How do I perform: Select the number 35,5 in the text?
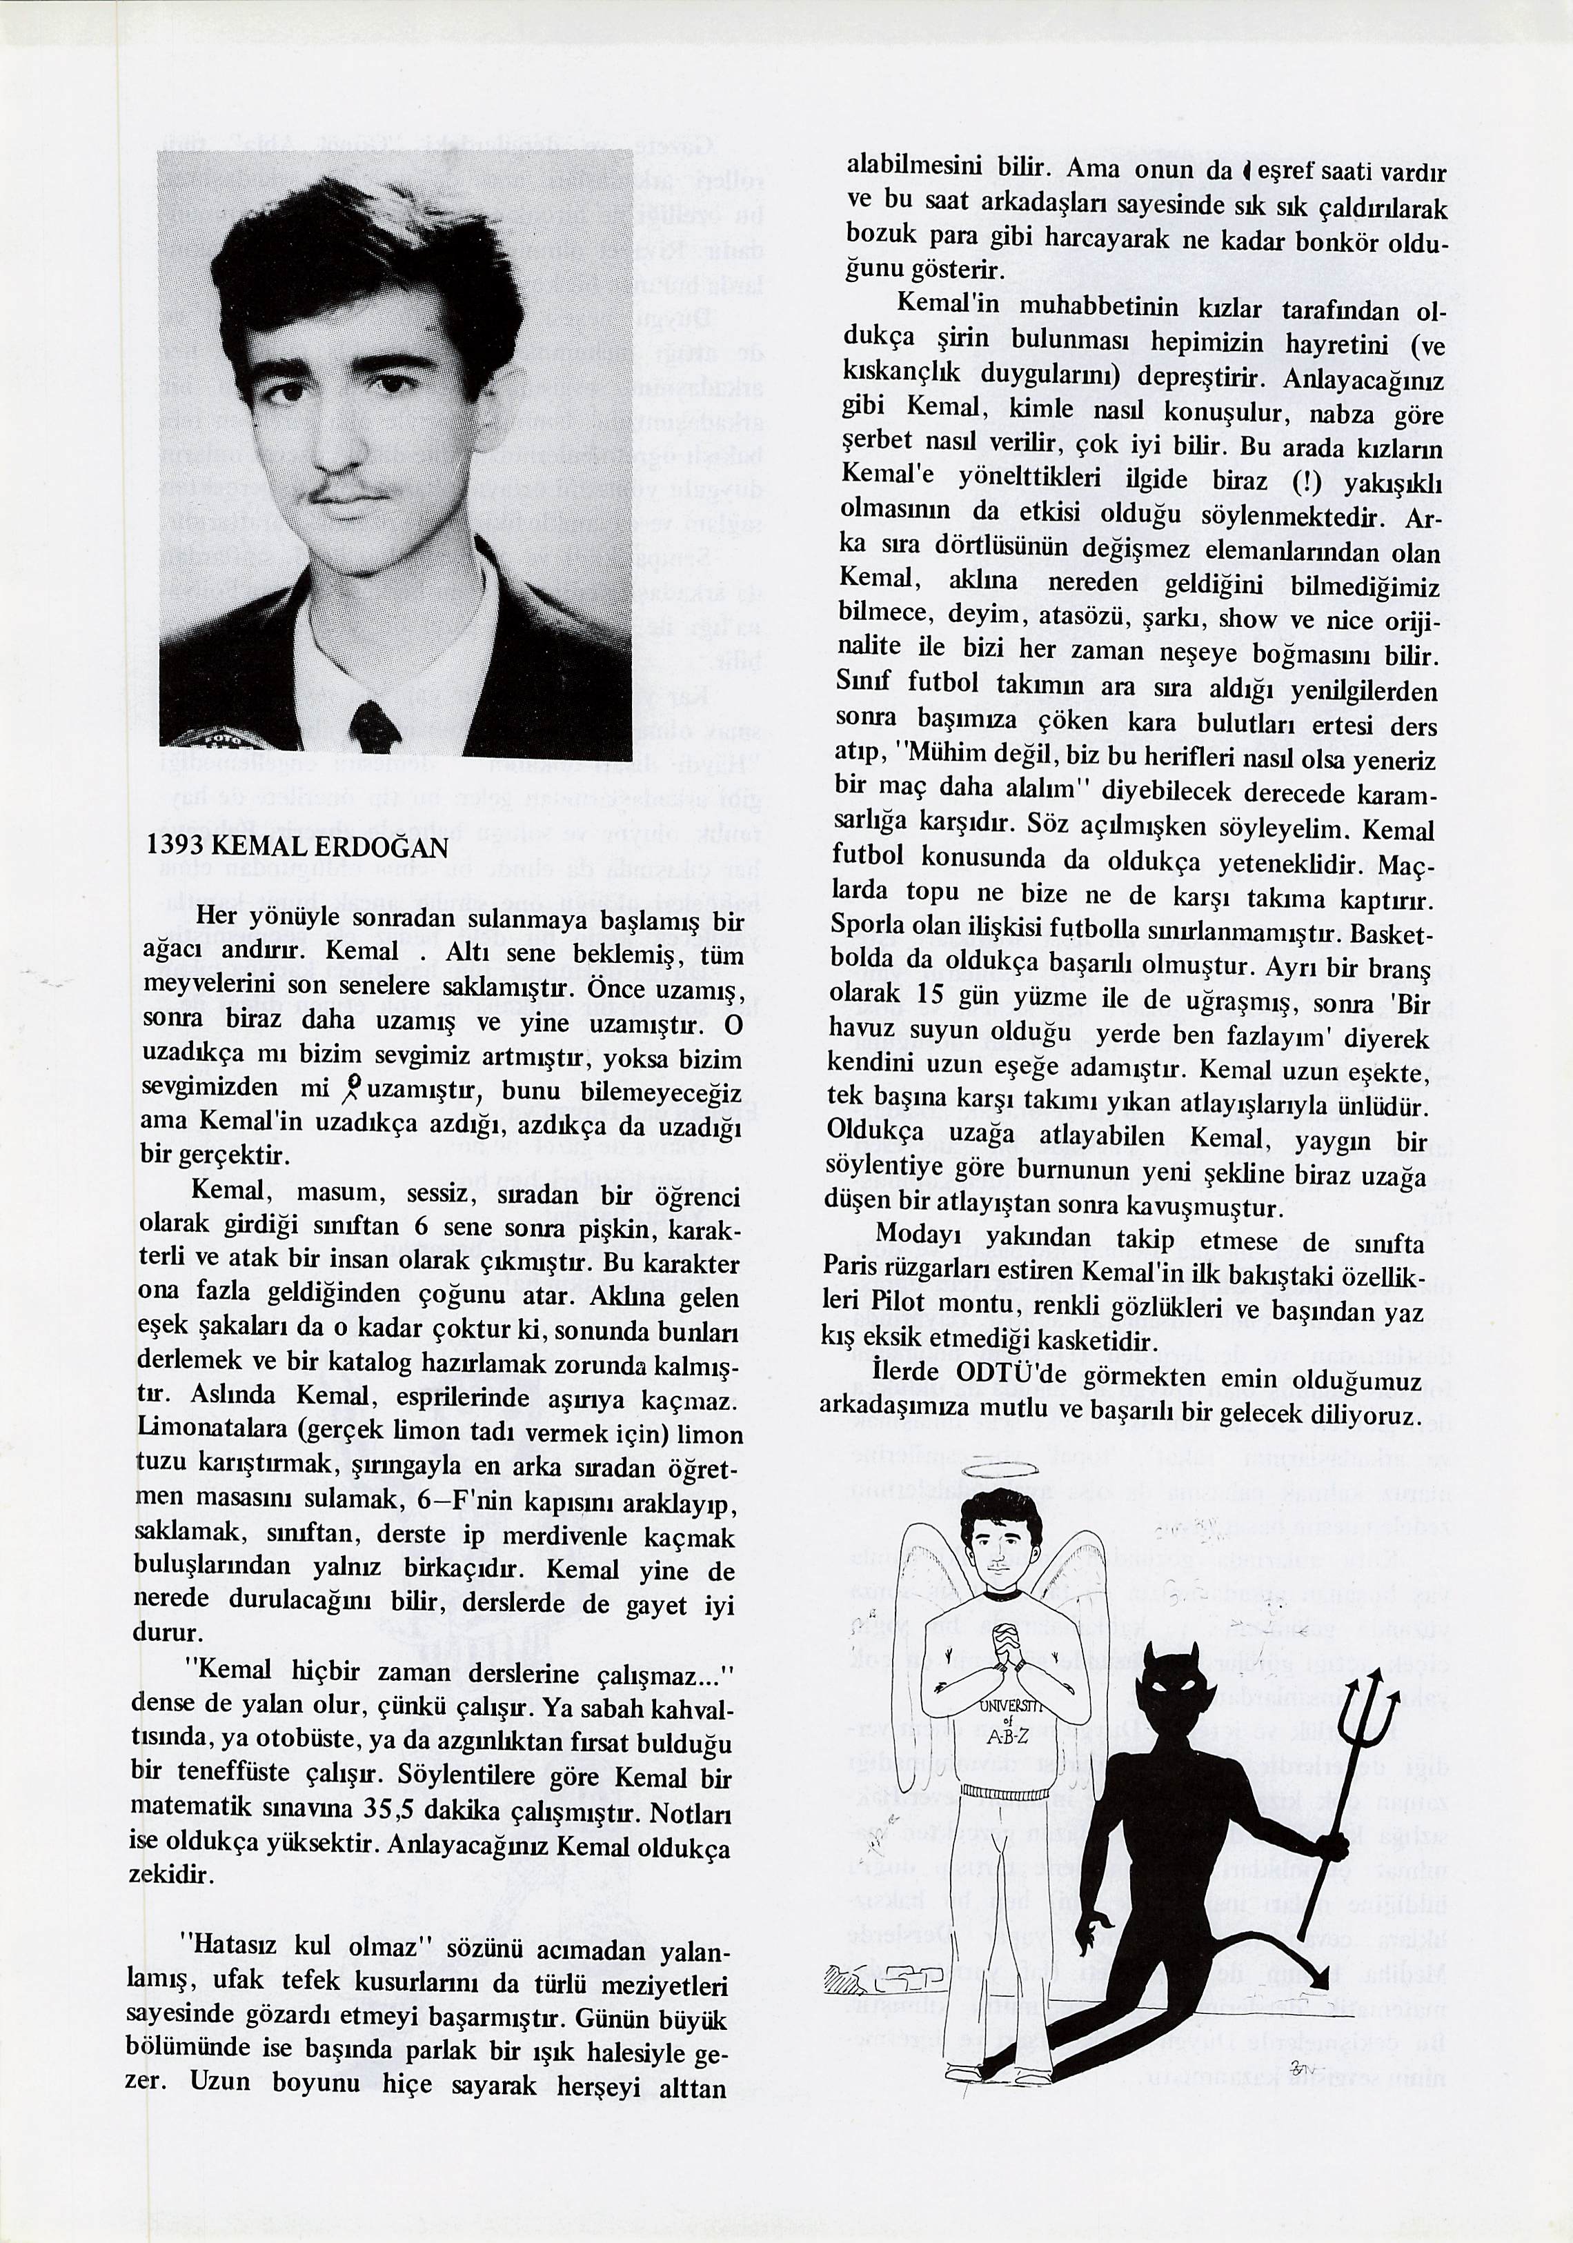[390, 1809]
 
